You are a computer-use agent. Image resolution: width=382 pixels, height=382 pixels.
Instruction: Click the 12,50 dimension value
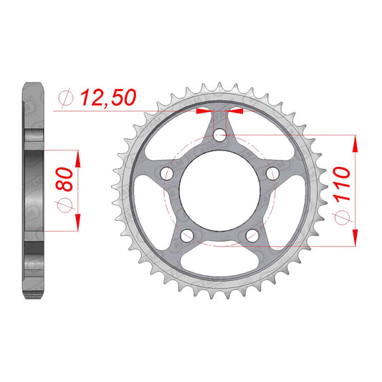point(108,97)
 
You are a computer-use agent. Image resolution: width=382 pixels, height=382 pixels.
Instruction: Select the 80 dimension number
point(65,178)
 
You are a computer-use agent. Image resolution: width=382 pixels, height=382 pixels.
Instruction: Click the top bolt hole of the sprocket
point(220,135)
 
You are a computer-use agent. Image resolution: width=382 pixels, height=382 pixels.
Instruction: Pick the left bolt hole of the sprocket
point(167,173)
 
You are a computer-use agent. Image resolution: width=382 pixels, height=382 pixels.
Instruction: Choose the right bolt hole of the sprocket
point(272,173)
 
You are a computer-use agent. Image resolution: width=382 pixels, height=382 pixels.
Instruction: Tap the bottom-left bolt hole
point(187,235)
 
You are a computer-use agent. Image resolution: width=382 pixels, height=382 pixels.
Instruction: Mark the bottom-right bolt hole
point(252,235)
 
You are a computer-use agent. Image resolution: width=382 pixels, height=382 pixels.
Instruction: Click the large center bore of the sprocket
point(219,191)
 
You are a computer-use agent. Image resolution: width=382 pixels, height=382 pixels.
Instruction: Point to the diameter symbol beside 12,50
point(66,98)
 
